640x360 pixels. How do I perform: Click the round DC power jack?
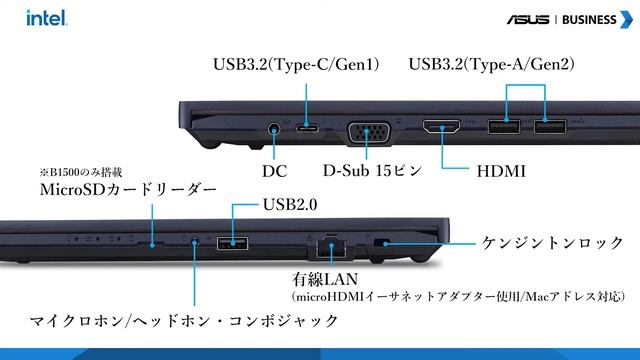[x=277, y=128]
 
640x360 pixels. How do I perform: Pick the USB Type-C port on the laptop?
[x=309, y=128]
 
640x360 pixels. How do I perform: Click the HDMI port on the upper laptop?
[x=441, y=128]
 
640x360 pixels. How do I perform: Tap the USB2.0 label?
[x=291, y=205]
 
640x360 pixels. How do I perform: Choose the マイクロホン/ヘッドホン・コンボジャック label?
[x=184, y=321]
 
